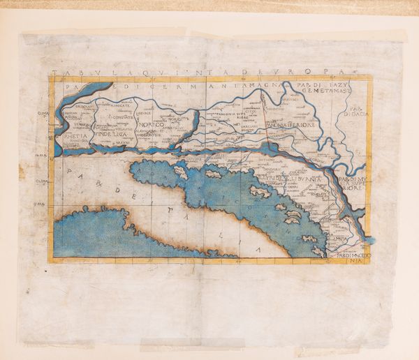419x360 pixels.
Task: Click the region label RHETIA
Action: [x=73, y=137]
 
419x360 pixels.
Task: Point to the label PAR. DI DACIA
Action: [x=357, y=114]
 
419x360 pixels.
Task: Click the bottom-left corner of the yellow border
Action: [x=50, y=262]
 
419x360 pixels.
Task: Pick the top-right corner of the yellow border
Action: [x=372, y=77]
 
